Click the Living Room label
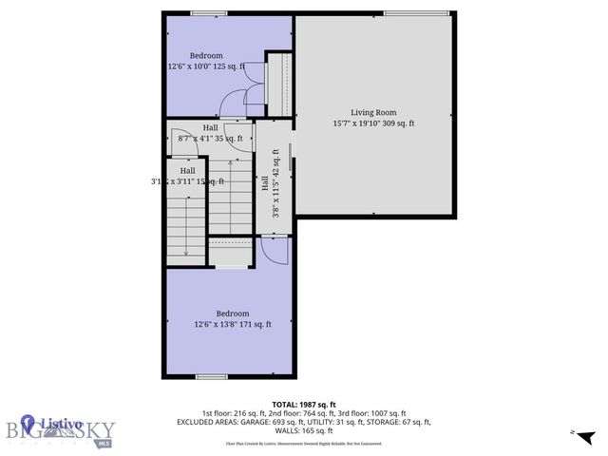point(373,112)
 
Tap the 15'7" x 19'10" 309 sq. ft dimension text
point(373,123)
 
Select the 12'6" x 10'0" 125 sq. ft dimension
point(206,66)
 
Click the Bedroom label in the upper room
point(205,55)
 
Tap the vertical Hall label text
point(265,183)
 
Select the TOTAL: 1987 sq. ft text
point(304,404)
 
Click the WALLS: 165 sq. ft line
point(304,431)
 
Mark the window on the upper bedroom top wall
point(202,13)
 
